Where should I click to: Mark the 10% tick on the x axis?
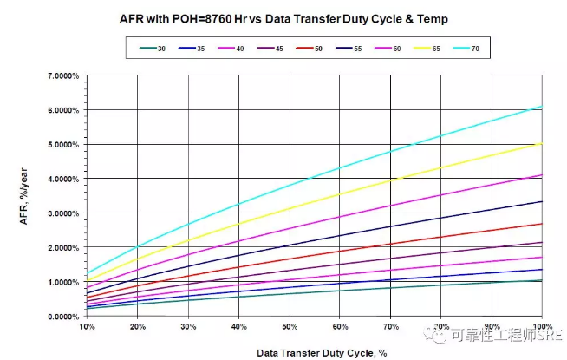88,327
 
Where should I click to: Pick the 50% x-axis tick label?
290,327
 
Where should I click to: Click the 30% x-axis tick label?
188,327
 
